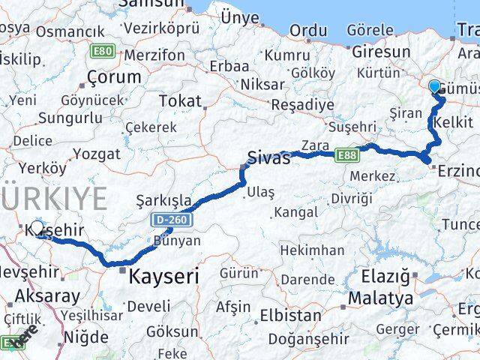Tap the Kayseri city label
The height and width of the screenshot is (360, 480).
pyautogui.click(x=164, y=276)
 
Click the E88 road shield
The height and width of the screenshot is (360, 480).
pyautogui.click(x=346, y=154)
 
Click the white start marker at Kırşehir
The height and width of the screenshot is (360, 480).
pyautogui.click(x=37, y=227)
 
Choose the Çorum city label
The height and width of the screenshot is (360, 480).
pyautogui.click(x=114, y=76)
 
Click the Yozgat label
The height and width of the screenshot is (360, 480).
pyautogui.click(x=98, y=154)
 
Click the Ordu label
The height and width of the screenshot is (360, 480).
pyautogui.click(x=308, y=31)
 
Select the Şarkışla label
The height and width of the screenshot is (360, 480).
pyautogui.click(x=160, y=200)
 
